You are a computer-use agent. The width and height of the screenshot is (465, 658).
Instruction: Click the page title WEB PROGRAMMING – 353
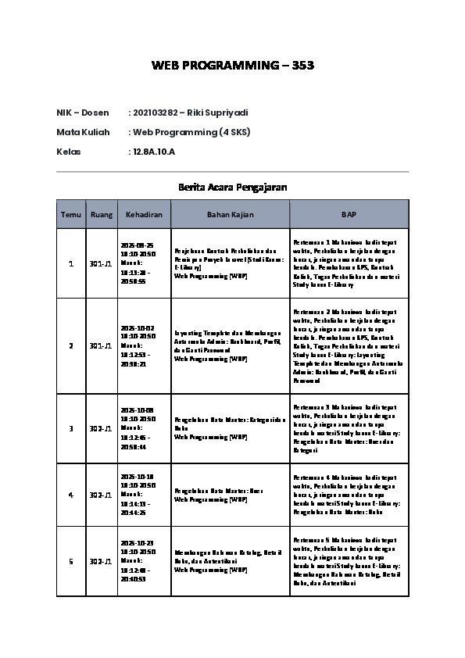[232, 66]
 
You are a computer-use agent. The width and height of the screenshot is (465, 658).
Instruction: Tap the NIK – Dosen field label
[83, 113]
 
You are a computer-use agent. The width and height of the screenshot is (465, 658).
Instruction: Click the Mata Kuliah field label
[83, 132]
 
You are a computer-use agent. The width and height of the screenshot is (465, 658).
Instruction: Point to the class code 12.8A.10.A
[154, 152]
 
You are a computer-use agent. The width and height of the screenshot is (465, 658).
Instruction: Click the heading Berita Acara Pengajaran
[232, 188]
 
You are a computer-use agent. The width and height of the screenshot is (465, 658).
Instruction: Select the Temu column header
[71, 214]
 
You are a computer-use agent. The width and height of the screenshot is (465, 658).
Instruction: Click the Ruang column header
[102, 214]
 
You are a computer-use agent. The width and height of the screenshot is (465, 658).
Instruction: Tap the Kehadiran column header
[144, 214]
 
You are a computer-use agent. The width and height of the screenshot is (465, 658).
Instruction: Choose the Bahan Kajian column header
[230, 214]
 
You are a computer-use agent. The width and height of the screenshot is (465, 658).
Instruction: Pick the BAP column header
[349, 214]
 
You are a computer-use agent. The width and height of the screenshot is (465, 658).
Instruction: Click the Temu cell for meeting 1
[71, 263]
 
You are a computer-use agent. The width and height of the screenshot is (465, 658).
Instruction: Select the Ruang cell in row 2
[102, 345]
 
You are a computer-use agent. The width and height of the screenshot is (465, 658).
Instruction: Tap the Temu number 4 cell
[71, 495]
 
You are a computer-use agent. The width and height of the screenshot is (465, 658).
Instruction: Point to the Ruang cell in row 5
[102, 561]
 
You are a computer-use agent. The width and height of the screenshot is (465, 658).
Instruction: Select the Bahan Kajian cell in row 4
[230, 495]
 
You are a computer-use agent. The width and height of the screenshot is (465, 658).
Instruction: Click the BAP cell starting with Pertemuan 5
[349, 561]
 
